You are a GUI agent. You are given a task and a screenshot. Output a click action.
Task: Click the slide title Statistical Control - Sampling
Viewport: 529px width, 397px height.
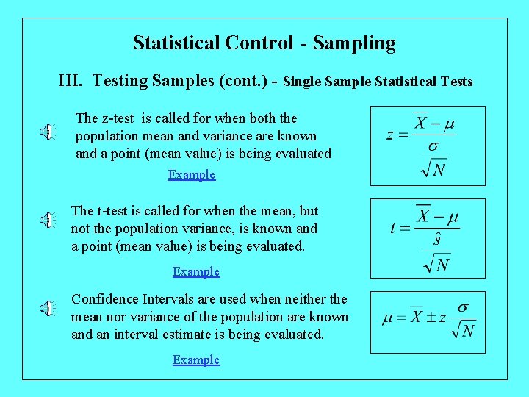point(264,43)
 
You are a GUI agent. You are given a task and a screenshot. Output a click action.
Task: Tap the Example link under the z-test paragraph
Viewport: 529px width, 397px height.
point(192,175)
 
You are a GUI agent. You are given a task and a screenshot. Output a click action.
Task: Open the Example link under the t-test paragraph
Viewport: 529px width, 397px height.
point(196,272)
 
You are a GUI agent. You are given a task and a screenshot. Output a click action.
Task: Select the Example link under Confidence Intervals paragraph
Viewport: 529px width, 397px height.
point(196,360)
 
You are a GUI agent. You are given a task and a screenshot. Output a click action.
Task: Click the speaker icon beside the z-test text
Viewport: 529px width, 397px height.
point(47,132)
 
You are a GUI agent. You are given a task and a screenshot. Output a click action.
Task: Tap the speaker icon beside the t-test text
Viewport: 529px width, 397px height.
point(47,219)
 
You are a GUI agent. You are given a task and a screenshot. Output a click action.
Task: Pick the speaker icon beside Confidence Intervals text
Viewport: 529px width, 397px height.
point(47,308)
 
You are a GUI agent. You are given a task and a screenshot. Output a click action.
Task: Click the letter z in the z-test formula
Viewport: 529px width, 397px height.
point(391,135)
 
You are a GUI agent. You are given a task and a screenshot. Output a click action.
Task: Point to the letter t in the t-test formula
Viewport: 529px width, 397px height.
point(394,229)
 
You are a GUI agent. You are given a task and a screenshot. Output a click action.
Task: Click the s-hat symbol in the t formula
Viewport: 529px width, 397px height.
point(436,240)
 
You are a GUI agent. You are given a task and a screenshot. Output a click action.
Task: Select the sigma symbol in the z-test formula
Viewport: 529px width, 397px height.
point(433,146)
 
